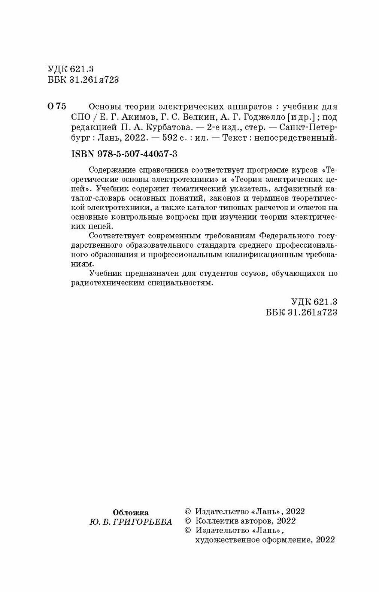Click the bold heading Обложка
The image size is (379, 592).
131,513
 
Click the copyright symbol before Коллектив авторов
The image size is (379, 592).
188,521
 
